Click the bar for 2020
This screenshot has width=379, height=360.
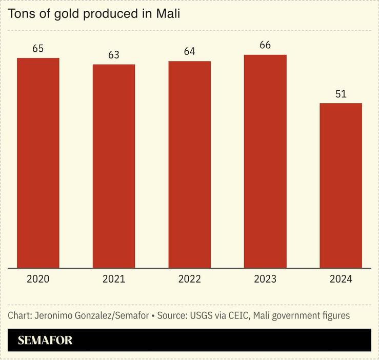pyautogui.click(x=38, y=163)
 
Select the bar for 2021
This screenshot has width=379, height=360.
pyautogui.click(x=114, y=166)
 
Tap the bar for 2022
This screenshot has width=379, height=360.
pyautogui.click(x=189, y=164)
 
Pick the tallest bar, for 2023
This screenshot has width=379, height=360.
pyautogui.click(x=265, y=161)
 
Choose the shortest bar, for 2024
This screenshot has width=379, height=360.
pyautogui.click(x=341, y=185)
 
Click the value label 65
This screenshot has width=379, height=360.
pyautogui.click(x=38, y=49)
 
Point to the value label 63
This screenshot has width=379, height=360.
pyautogui.click(x=114, y=55)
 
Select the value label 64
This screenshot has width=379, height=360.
pyautogui.click(x=189, y=52)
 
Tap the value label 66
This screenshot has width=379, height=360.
pyautogui.click(x=265, y=45)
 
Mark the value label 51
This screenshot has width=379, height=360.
pyautogui.click(x=341, y=94)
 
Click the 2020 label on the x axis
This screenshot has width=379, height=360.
pyautogui.click(x=38, y=279)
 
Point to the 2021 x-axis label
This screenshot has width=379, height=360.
pyautogui.click(x=114, y=279)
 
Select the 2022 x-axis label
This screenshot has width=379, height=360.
pyautogui.click(x=189, y=279)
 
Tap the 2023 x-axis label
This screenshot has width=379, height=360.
pyautogui.click(x=265, y=279)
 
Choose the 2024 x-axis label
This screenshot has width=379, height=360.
pyautogui.click(x=341, y=279)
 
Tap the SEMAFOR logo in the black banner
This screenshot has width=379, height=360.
pyautogui.click(x=45, y=340)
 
